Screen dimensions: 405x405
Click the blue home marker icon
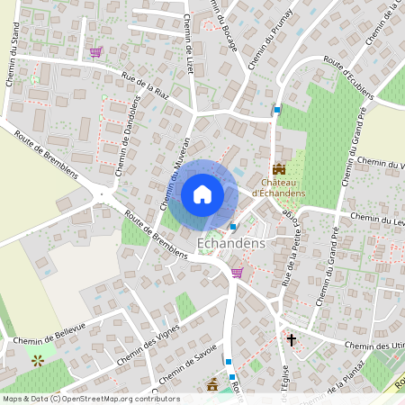(202, 194)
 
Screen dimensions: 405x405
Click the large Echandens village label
(230, 243)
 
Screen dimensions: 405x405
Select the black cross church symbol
(292, 340)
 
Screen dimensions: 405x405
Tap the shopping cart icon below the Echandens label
(237, 272)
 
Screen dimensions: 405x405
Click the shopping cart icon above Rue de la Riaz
(95, 52)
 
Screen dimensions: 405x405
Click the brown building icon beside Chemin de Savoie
(213, 385)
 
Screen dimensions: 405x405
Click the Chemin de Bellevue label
(50, 334)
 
